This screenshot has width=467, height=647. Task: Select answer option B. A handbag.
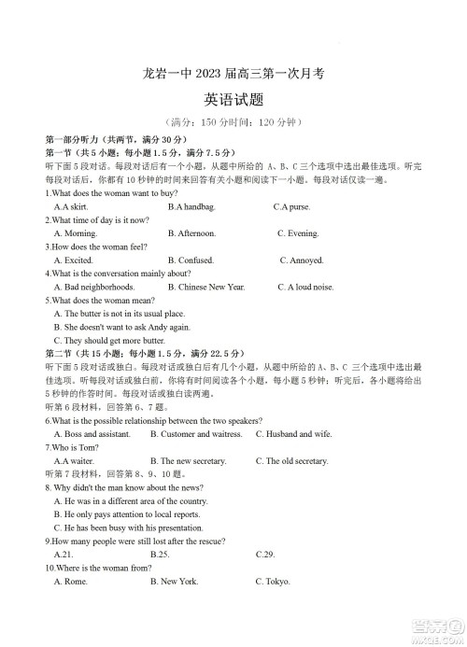point(191,206)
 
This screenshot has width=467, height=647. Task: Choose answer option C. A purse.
point(291,206)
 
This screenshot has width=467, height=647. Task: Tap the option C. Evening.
point(298,233)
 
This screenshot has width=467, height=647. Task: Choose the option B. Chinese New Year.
point(206,288)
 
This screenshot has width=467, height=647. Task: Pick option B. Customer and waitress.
point(196,435)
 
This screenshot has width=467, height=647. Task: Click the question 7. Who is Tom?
point(72,448)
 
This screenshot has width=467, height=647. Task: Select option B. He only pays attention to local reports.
point(127,515)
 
